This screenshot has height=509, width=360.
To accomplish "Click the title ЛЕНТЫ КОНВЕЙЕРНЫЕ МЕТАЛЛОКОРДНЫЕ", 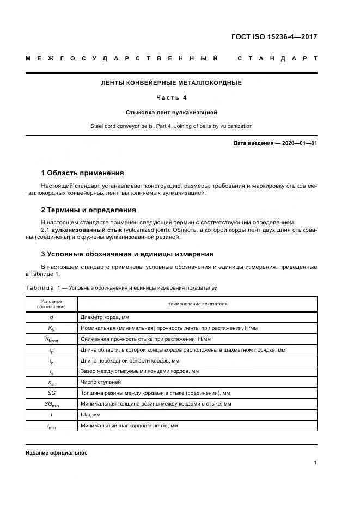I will click(172, 83).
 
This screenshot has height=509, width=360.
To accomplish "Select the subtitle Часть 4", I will click(172, 98).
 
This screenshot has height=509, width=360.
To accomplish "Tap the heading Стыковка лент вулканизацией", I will click(172, 113).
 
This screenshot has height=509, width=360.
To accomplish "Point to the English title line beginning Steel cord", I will click(172, 126).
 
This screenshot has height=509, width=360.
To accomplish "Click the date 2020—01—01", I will click(297, 143).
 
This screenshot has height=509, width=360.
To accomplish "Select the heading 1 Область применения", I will click(82, 173).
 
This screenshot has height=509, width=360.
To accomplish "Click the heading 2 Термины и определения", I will click(88, 210).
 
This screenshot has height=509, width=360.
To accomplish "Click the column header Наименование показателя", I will click(197, 303).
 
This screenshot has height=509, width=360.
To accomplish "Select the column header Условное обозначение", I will click(51, 303).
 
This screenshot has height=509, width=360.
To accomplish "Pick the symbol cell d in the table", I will click(51, 316).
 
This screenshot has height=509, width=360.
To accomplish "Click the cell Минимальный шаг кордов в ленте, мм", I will click(129, 426).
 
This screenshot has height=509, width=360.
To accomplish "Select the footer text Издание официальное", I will click(56, 452).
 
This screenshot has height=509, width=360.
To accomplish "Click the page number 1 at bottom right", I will click(315, 463).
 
